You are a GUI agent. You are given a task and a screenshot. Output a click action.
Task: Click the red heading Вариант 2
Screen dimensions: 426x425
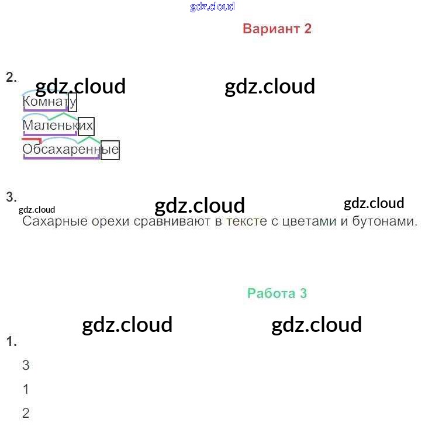277,29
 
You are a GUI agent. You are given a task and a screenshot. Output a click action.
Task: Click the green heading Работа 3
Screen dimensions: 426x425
277,293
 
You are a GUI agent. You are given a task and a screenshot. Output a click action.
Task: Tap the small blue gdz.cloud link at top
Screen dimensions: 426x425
212,6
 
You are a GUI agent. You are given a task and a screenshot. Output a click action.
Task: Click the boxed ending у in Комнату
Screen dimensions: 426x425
72,102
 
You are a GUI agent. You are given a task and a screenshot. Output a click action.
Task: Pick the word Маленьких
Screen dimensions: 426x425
58,126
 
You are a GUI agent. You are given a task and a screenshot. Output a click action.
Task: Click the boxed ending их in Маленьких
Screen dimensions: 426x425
86,126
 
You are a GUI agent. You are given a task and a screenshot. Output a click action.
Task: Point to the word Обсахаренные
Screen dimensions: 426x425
70,150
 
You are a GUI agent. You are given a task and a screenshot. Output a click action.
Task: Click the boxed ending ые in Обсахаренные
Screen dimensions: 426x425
110,150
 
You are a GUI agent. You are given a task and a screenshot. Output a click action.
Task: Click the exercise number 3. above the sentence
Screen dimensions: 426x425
11,197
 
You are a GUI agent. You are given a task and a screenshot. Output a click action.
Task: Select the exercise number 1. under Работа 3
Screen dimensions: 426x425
11,342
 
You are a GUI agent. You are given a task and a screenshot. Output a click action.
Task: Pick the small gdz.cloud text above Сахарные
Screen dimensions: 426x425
37,209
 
